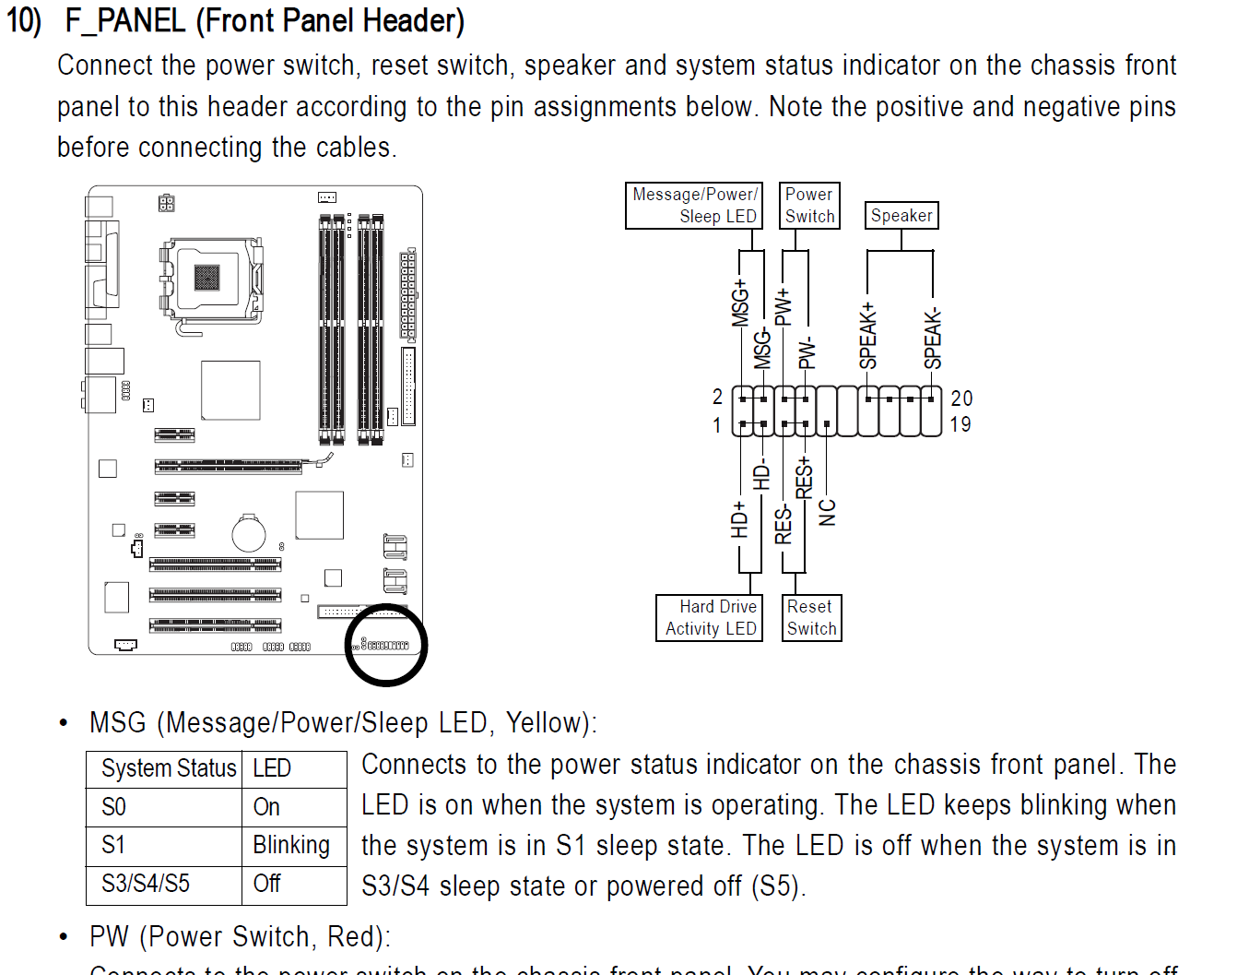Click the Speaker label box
[x=901, y=215]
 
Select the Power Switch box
[x=809, y=205]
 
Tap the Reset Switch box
[x=811, y=618]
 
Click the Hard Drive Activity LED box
[x=710, y=618]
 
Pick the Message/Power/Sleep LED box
[x=694, y=205]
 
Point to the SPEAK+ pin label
[x=867, y=336]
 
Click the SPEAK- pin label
[x=933, y=339]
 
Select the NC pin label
[x=828, y=512]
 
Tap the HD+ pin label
[x=739, y=520]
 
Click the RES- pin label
[x=784, y=524]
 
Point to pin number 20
[x=961, y=398]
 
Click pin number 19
[x=960, y=424]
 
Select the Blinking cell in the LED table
[x=291, y=845]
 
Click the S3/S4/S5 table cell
[x=146, y=884]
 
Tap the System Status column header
[x=168, y=768]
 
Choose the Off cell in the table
[x=267, y=884]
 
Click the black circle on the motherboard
[x=386, y=645]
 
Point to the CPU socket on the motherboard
[x=208, y=277]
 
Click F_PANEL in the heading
[x=125, y=20]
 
